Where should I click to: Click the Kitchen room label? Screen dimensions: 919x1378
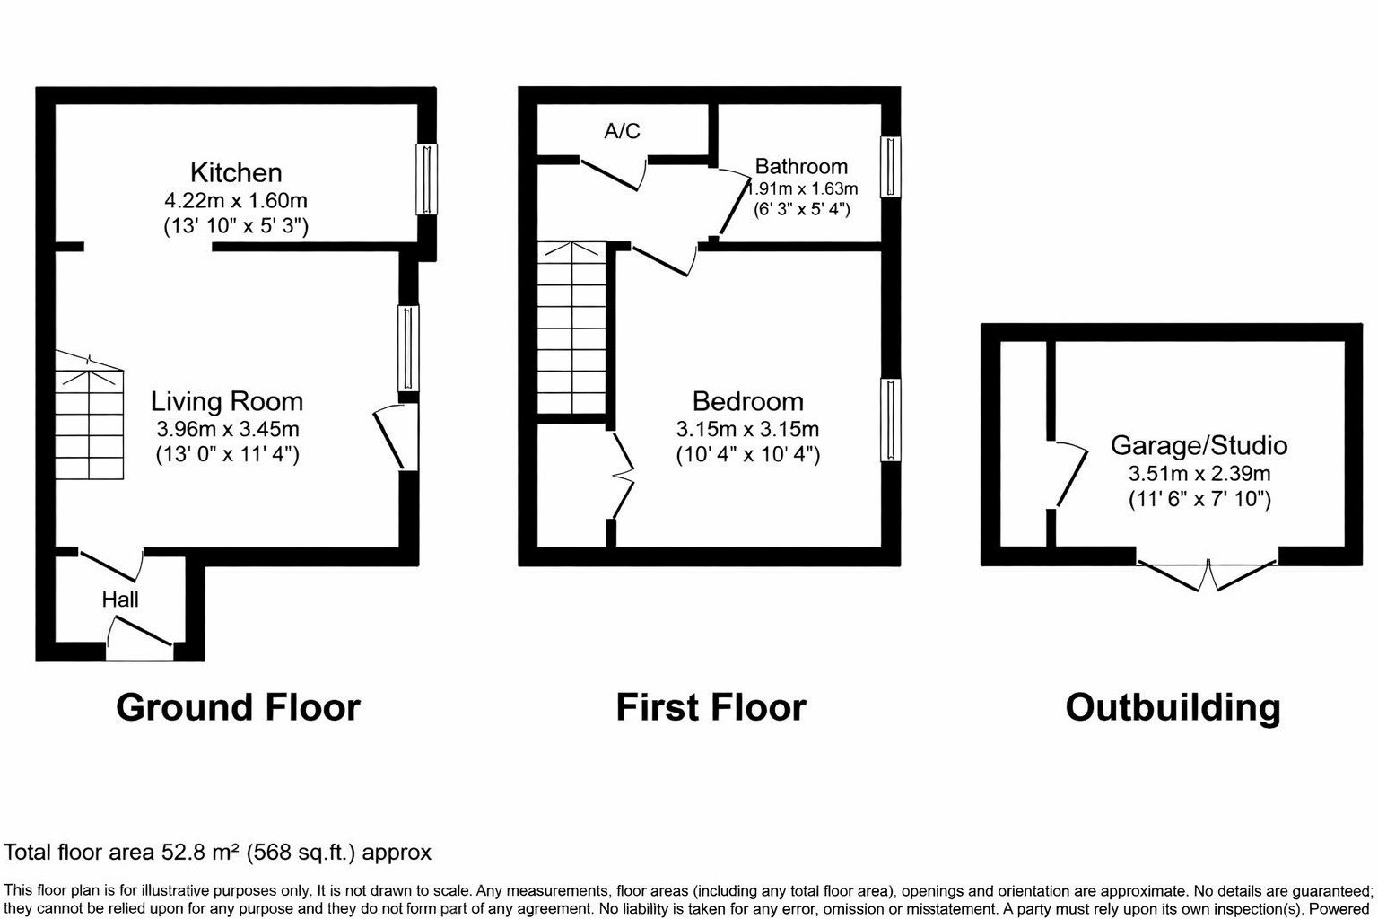pos(236,172)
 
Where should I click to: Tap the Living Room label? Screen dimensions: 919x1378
pos(227,401)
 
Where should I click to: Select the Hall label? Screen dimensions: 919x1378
pos(120,600)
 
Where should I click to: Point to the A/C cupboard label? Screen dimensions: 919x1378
pos(623,131)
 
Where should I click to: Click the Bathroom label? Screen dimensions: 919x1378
pos(801,166)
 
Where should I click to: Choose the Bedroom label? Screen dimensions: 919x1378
pos(747,401)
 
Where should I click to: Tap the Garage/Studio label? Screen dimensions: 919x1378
pos(1199,445)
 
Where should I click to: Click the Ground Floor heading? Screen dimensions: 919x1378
pos(238,707)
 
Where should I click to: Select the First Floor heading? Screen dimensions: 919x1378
pos(711,707)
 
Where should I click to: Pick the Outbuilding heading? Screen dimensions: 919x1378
pos(1173,707)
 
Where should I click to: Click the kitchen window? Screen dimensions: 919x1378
pos(426,179)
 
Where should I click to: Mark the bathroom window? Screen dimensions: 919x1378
pos(890,166)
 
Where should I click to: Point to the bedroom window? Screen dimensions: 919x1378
pos(890,420)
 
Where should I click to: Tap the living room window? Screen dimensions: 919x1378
pos(408,348)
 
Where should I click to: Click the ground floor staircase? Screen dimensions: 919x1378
pos(90,415)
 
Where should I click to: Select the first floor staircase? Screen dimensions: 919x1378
pos(571,328)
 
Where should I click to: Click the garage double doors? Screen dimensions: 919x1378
pos(1207,574)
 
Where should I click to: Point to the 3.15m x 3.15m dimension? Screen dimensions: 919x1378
pos(747,430)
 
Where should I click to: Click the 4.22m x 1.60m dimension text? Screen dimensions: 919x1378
pos(236,200)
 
